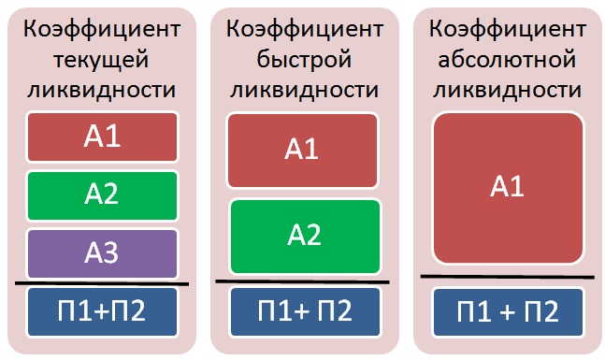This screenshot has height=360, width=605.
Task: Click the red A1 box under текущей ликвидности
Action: [102, 137]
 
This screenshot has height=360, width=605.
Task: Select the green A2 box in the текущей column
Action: [102, 195]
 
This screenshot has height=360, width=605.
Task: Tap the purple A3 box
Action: [102, 254]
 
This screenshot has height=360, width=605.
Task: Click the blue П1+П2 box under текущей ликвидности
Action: [102, 311]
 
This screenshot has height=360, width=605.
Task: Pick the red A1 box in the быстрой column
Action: [303, 151]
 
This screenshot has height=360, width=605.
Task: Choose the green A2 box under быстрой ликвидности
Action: [305, 237]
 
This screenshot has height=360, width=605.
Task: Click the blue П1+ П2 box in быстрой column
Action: [305, 311]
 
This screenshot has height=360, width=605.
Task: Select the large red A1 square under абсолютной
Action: [508, 188]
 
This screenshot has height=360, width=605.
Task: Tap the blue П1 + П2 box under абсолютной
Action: [508, 311]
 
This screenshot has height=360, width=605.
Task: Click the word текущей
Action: [101, 60]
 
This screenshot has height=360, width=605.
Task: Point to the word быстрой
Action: [305, 60]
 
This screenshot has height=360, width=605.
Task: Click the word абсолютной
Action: [507, 60]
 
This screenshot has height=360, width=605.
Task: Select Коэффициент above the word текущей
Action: [102, 29]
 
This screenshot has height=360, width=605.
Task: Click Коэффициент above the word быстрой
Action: [305, 29]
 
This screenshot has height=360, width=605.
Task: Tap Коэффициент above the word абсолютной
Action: [508, 29]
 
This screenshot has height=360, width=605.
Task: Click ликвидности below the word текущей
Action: [102, 90]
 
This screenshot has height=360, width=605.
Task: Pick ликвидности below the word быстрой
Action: [305, 90]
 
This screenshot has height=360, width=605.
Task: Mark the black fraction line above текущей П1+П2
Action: [102, 283]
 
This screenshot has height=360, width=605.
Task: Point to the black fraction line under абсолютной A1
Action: [508, 277]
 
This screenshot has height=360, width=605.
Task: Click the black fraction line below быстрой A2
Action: [302, 282]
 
